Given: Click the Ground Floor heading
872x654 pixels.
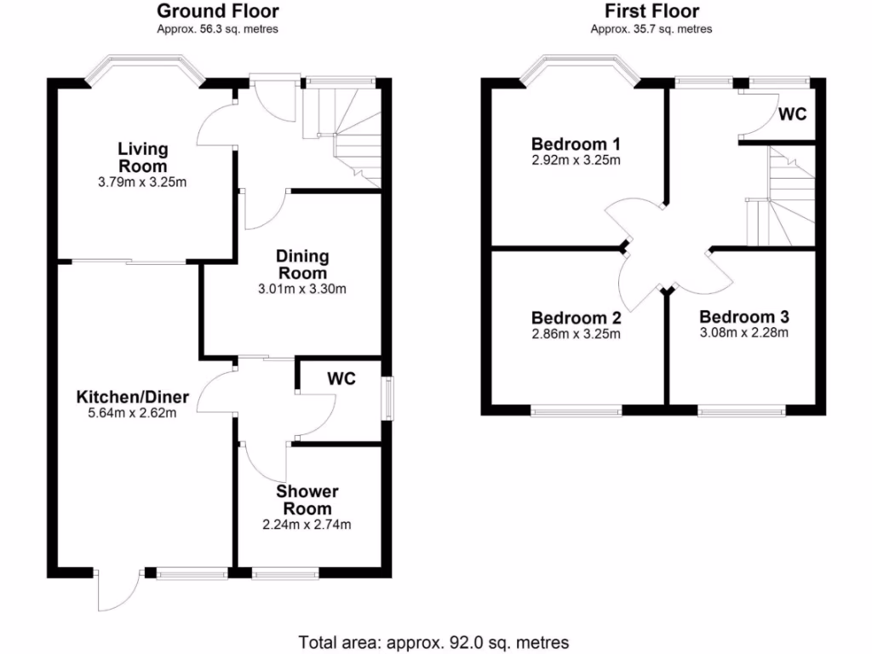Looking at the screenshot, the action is pyautogui.click(x=217, y=11).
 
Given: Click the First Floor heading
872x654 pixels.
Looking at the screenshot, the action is pyautogui.click(x=651, y=11).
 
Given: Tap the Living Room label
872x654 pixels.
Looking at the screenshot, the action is pyautogui.click(x=142, y=158).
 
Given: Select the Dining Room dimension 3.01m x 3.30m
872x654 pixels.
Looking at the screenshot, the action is pyautogui.click(x=302, y=289).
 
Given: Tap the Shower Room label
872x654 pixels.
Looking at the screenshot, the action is pyautogui.click(x=307, y=500).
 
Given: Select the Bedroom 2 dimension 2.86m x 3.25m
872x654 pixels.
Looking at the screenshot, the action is pyautogui.click(x=576, y=334).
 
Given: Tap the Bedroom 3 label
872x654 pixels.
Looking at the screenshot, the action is pyautogui.click(x=744, y=317).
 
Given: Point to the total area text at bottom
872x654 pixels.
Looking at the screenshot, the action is pyautogui.click(x=433, y=641).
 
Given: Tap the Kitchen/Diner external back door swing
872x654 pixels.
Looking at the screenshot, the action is pyautogui.click(x=118, y=589).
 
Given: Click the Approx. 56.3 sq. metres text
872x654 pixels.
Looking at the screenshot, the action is pyautogui.click(x=217, y=29).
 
